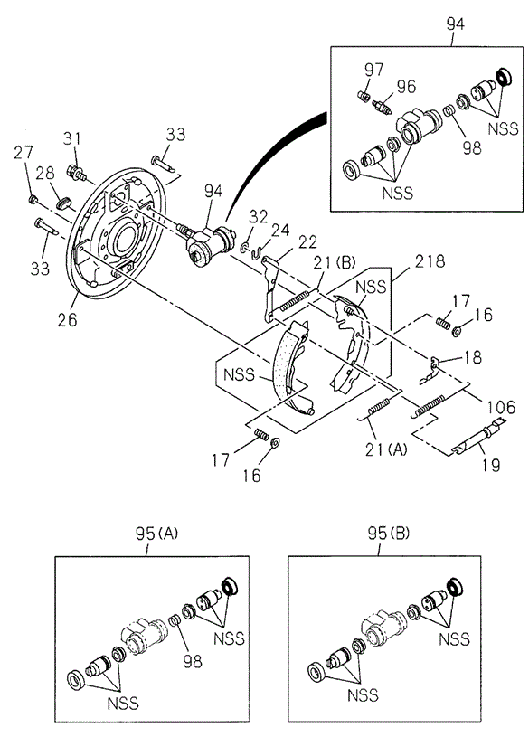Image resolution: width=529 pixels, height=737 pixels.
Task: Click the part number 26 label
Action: pos(67,320)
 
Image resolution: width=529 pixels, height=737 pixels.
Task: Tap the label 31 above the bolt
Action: pos(72,138)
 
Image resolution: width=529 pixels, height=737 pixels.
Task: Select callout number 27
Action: pos(24,153)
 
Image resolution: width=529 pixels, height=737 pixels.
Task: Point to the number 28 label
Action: pos(45,174)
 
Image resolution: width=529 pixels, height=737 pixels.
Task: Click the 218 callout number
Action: pos(430,260)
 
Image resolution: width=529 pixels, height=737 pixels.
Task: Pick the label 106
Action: pos(501,407)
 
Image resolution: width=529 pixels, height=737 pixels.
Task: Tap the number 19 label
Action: pos(491,466)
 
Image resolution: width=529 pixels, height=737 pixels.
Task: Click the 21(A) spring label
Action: pos(386,449)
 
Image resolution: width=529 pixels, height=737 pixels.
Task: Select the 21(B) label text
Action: pos(335,262)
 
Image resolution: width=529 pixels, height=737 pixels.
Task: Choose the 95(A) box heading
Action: pos(156,534)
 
